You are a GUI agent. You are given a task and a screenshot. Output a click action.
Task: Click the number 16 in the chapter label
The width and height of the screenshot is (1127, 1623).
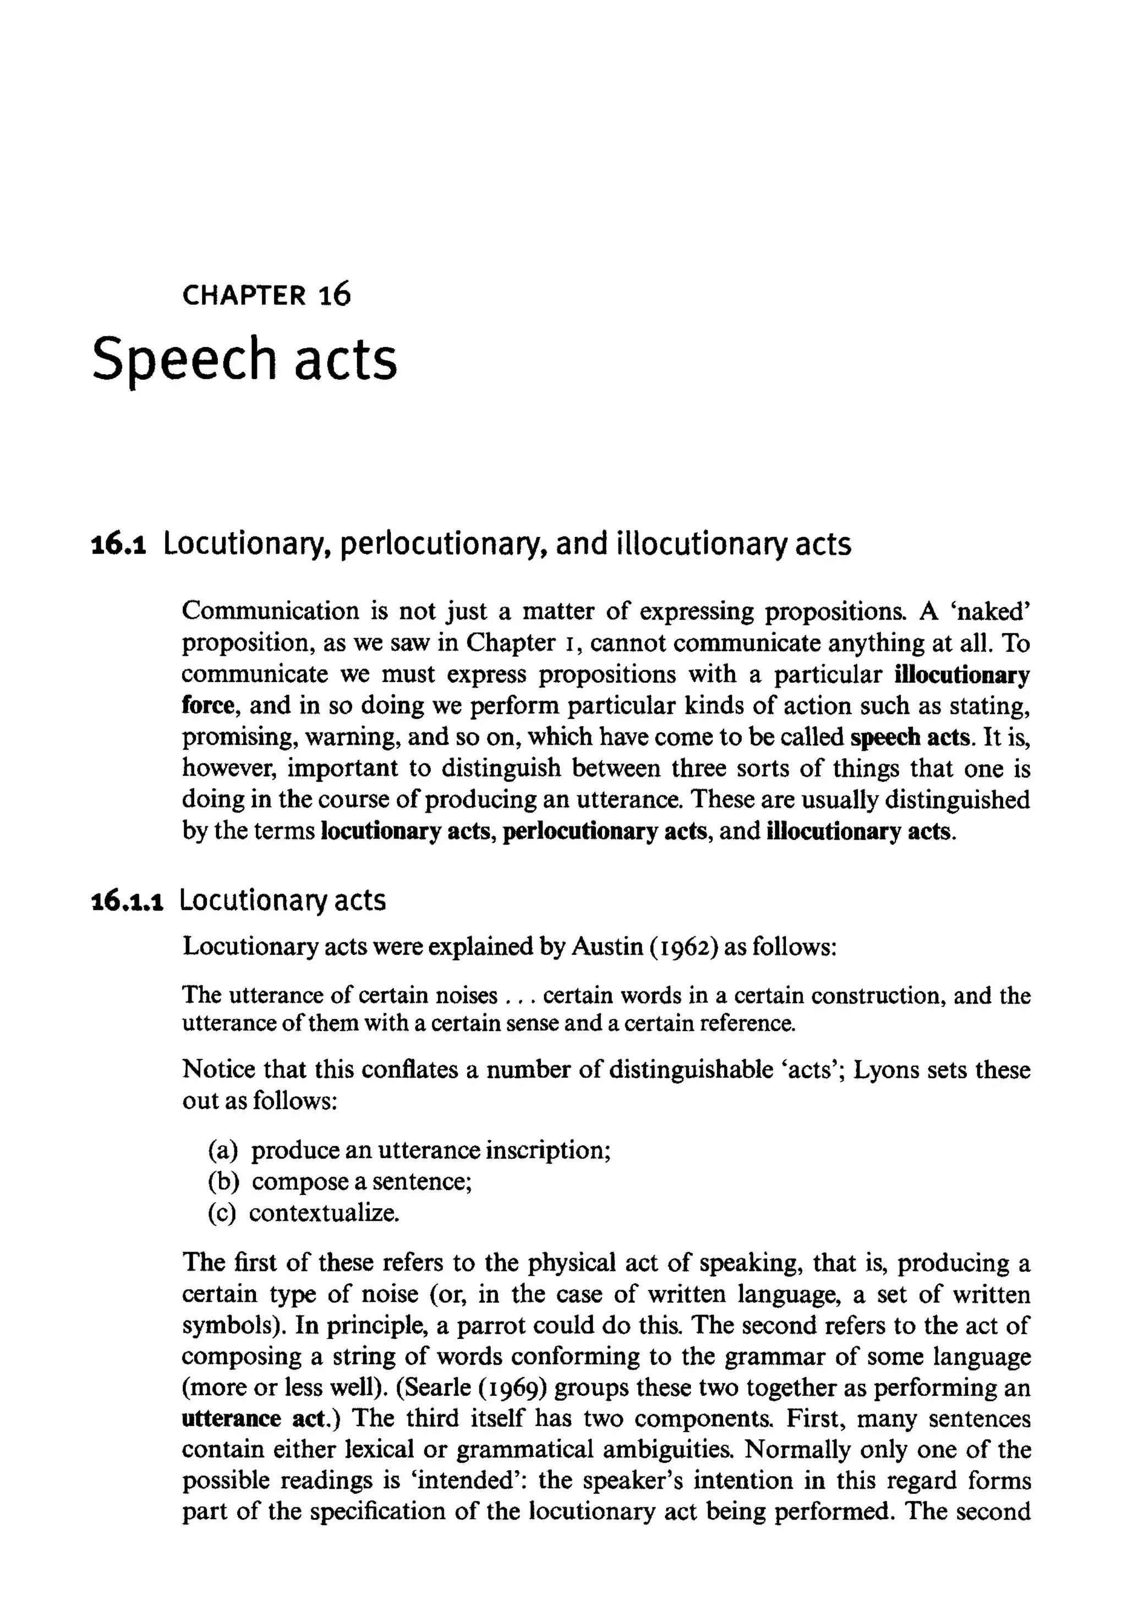point(334,294)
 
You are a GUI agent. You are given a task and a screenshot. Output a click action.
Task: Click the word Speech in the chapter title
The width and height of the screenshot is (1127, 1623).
point(183,359)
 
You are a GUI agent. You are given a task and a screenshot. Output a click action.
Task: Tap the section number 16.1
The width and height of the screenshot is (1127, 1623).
point(119,545)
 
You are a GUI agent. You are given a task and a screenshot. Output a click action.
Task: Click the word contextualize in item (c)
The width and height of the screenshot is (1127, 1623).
point(324,1213)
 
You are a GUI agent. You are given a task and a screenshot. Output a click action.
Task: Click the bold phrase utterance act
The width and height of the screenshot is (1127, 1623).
point(261,1418)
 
